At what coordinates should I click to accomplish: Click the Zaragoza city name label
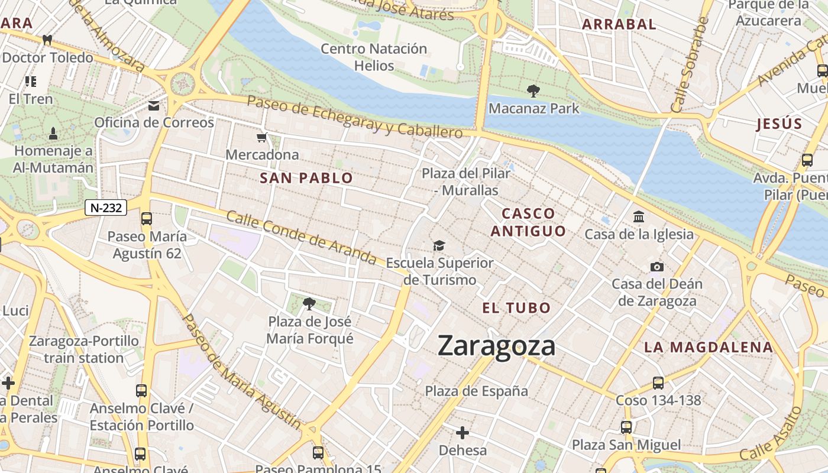pyautogui.click(x=496, y=346)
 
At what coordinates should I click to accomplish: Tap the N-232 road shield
pyautogui.click(x=106, y=208)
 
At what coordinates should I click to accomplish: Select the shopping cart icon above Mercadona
pyautogui.click(x=262, y=138)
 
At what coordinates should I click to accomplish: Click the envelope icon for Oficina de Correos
pyautogui.click(x=154, y=106)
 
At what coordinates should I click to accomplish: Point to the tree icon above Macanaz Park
pyautogui.click(x=533, y=90)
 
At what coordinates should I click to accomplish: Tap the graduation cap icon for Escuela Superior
pyautogui.click(x=439, y=245)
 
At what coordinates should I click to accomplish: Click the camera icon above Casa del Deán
pyautogui.click(x=656, y=267)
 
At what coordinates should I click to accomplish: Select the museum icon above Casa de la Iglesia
pyautogui.click(x=639, y=217)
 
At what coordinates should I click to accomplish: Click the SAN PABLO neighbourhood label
pyautogui.click(x=306, y=178)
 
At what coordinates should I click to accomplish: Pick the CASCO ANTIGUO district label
pyautogui.click(x=528, y=222)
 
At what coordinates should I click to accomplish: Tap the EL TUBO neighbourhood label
pyautogui.click(x=516, y=307)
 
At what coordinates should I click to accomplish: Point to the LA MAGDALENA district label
pyautogui.click(x=709, y=347)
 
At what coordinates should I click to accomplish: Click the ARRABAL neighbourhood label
pyautogui.click(x=619, y=24)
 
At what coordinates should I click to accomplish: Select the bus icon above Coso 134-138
pyautogui.click(x=658, y=383)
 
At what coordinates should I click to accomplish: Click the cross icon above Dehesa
pyautogui.click(x=462, y=433)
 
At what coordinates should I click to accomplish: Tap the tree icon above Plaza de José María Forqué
pyautogui.click(x=309, y=304)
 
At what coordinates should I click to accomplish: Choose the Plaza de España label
pyautogui.click(x=477, y=391)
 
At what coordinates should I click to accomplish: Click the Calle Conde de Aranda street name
pyautogui.click(x=301, y=238)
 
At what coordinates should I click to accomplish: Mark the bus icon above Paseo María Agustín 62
pyautogui.click(x=147, y=219)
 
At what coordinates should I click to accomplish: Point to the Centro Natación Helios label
pyautogui.click(x=374, y=57)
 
